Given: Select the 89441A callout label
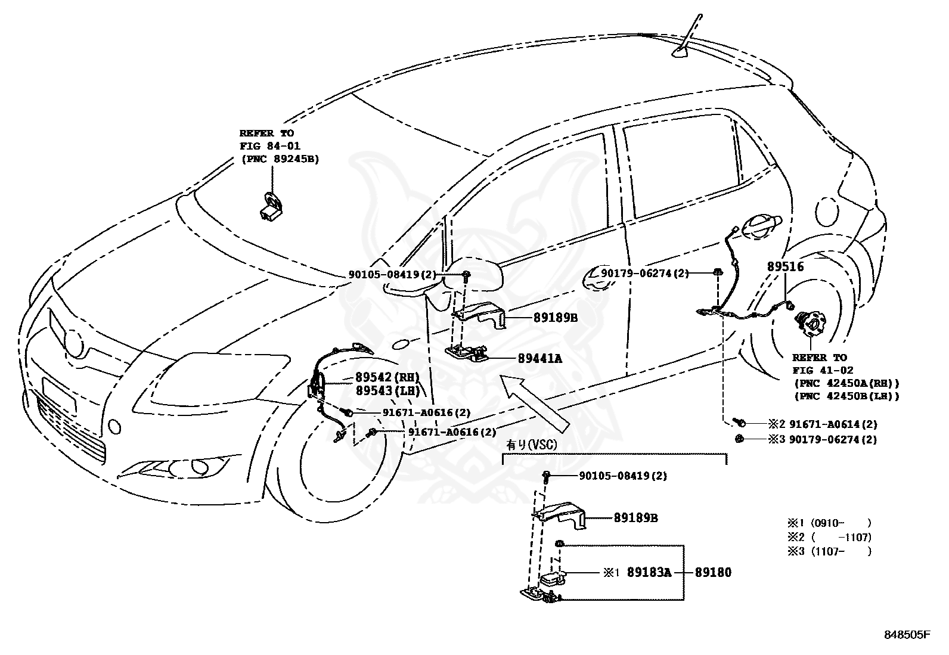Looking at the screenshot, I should pos(540,358).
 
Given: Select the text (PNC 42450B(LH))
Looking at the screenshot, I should pos(845,396).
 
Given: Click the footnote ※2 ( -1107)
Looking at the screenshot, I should pos(829,537).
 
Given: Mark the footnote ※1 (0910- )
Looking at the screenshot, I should pos(829,523).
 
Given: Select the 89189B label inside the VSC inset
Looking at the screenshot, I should pos(635,518).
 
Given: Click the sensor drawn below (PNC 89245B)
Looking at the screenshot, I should pos(272,206).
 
